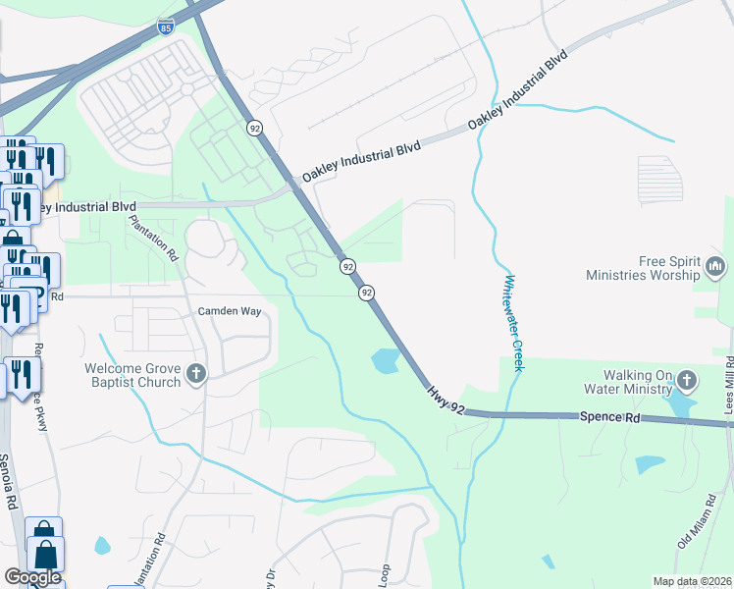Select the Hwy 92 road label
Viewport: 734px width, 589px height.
pos(446,402)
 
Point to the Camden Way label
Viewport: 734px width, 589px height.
pos(230,311)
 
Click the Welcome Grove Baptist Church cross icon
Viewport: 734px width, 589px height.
pos(196,373)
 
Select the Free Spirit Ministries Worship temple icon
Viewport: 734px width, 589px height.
pos(715,266)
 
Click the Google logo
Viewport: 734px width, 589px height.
pos(32,577)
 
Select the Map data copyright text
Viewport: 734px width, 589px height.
pos(693,581)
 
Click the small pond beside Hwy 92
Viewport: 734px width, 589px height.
pos(387,361)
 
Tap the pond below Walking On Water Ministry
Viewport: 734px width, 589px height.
pos(679,404)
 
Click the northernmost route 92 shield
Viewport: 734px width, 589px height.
pos(254,129)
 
